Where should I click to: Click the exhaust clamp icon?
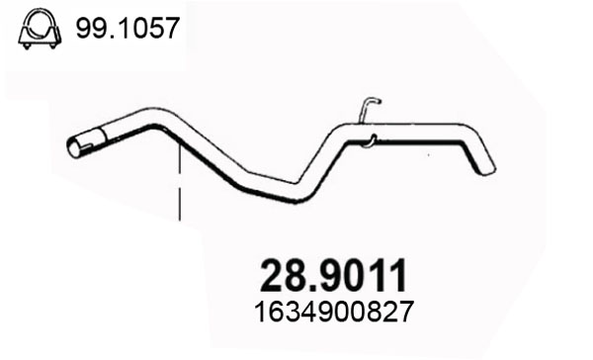pyautogui.click(x=40, y=30)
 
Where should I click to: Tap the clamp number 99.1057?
pyautogui.click(x=127, y=29)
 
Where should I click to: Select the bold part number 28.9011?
pyautogui.click(x=334, y=276)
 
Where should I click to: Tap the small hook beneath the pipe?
pyautogui.click(x=371, y=140)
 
